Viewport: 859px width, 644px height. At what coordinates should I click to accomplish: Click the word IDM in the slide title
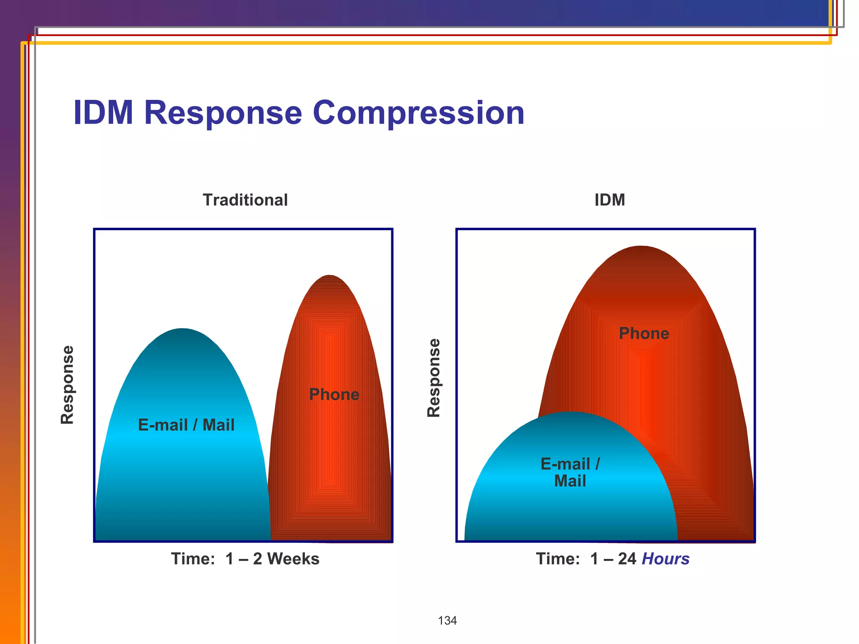[103, 113]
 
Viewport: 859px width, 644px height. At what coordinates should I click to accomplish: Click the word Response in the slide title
[223, 113]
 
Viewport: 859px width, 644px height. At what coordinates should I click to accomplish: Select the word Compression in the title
[419, 113]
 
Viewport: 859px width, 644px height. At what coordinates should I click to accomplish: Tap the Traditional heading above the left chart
[245, 200]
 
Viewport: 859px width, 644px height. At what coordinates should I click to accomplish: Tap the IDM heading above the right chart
[609, 200]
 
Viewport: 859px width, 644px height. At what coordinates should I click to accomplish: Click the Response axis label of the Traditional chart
[68, 384]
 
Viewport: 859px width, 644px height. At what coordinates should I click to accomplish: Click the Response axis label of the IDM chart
[434, 378]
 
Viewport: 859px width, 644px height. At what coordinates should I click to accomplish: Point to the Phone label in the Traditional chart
[334, 395]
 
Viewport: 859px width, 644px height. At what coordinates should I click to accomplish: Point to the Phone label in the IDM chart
[644, 333]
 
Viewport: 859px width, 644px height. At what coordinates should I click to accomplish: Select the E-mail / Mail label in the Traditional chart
[186, 425]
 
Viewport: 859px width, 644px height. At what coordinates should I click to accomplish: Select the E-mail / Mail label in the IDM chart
[570, 473]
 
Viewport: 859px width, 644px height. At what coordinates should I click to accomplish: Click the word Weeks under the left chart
[293, 559]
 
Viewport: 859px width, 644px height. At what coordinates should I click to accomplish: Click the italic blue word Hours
[666, 559]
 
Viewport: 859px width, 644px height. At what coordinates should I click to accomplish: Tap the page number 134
[447, 621]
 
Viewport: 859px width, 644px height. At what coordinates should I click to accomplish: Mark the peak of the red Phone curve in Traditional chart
[329, 276]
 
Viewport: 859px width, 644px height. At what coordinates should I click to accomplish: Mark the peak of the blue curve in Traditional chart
[182, 329]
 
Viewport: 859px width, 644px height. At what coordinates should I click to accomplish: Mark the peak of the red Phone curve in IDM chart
[640, 247]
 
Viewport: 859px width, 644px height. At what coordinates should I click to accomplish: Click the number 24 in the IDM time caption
[627, 559]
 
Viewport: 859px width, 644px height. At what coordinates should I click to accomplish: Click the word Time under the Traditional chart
[193, 559]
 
